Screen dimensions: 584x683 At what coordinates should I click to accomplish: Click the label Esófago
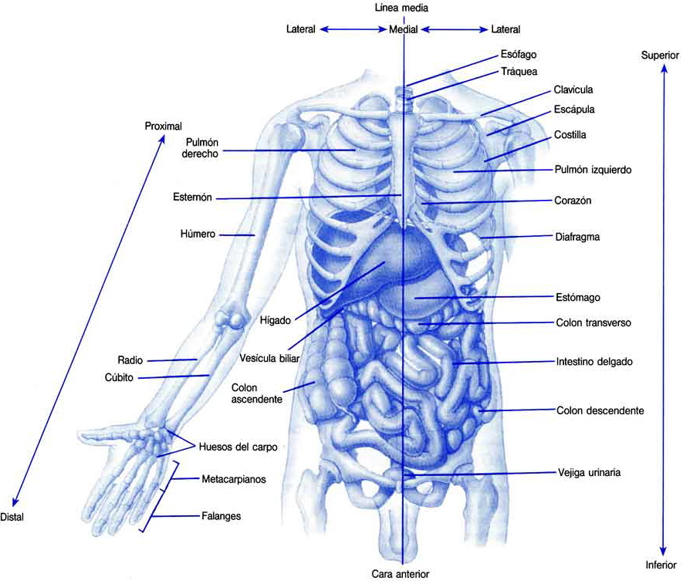518,55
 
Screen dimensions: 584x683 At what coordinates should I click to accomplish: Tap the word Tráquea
519,72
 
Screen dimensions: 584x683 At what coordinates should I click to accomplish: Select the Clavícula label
573,90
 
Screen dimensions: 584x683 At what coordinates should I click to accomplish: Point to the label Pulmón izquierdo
593,169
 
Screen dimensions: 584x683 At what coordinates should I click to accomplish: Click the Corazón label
573,200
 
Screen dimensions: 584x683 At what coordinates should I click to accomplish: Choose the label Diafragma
577,237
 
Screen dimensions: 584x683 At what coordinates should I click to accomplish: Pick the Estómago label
578,296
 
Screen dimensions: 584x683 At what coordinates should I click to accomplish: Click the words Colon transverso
593,323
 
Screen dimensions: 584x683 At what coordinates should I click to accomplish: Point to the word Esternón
193,199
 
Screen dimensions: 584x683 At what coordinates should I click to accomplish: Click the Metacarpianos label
232,479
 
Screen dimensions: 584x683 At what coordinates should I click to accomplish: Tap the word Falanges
221,516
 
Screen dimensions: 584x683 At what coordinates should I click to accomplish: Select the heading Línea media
401,8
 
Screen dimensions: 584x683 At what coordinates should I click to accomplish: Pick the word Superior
660,56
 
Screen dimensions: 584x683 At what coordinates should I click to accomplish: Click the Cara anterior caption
400,574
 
